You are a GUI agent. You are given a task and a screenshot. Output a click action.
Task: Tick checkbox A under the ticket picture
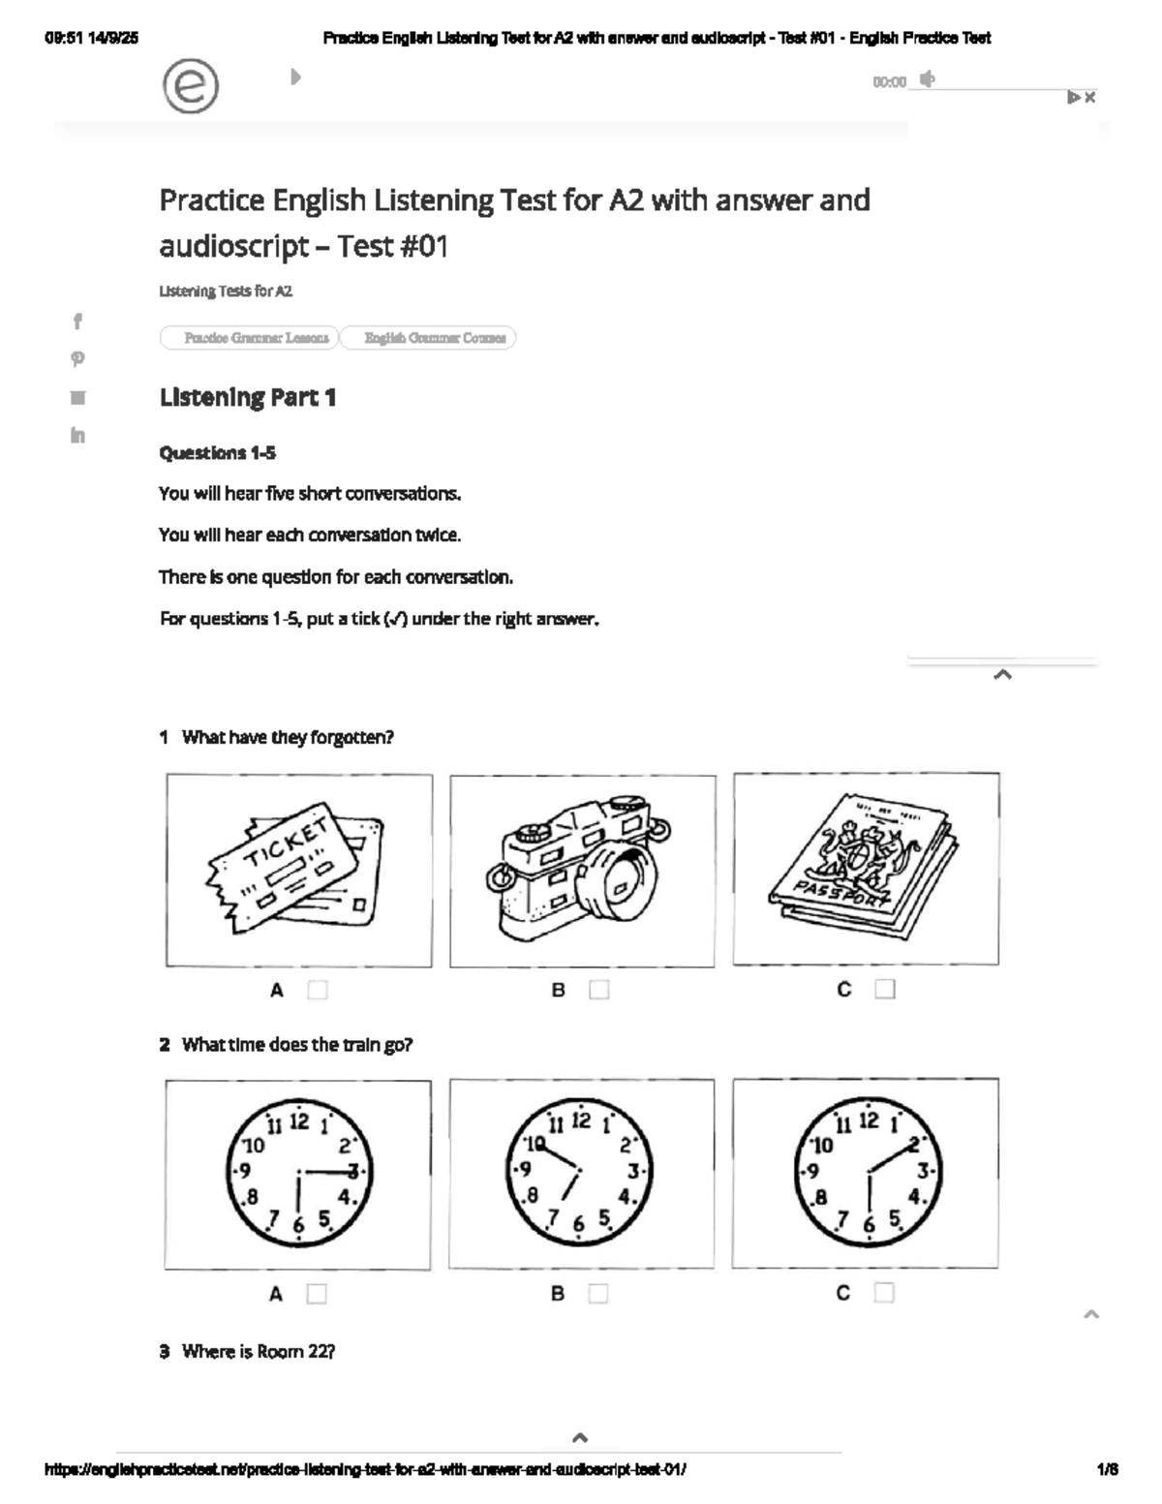[x=318, y=990]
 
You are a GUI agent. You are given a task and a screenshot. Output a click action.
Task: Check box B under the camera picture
[x=599, y=990]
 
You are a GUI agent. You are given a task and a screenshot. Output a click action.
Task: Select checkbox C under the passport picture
[x=885, y=989]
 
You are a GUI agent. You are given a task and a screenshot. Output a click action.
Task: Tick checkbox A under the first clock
[x=317, y=1294]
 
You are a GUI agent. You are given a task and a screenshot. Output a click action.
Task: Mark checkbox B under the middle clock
[x=598, y=1294]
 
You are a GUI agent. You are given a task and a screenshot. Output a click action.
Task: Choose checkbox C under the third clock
[x=884, y=1293]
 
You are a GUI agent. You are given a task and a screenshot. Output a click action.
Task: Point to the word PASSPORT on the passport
[x=841, y=894]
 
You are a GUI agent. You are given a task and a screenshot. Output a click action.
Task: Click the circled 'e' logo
[x=191, y=86]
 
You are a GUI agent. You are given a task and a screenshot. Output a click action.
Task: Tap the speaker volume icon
[x=928, y=79]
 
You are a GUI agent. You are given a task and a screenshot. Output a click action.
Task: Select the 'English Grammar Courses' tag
[x=435, y=338]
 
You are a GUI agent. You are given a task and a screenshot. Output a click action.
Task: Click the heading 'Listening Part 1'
[x=248, y=397]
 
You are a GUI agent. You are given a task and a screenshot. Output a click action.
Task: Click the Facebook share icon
[x=77, y=321]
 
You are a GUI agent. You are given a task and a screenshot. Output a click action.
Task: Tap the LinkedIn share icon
[x=77, y=435]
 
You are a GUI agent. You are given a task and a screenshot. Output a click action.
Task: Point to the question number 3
[x=165, y=1351]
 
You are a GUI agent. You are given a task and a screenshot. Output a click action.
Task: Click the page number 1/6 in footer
[x=1107, y=1469]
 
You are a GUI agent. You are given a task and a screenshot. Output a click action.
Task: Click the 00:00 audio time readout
[x=889, y=82]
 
